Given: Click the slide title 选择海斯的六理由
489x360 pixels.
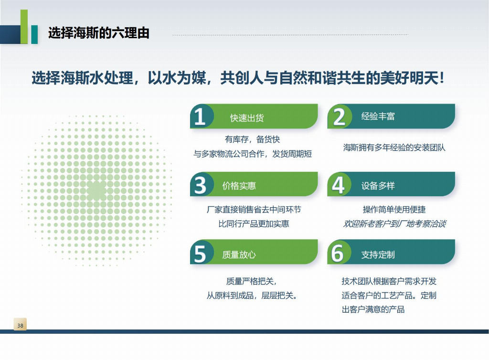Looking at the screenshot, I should point(99,33).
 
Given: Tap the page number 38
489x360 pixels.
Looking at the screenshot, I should point(20,325).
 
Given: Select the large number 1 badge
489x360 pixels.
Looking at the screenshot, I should point(200,116).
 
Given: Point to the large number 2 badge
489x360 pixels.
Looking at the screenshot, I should point(339,116).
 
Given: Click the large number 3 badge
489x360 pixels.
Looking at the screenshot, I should point(200,185).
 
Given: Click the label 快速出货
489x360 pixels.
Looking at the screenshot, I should point(247,118).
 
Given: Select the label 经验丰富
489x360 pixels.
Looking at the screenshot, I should point(378,116).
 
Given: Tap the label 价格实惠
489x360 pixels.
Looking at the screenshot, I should point(239,186).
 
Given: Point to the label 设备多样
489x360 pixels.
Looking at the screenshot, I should point(378,186).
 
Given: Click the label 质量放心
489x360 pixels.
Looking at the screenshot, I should point(239,254).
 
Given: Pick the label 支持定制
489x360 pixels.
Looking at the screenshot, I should point(378,254).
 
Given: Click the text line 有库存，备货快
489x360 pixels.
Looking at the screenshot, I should point(252,139).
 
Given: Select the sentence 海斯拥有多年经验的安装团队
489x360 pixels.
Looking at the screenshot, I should point(394,148).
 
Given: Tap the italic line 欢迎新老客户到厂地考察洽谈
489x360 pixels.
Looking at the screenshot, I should point(394,223).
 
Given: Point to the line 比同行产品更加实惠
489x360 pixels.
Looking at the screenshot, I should point(254,223).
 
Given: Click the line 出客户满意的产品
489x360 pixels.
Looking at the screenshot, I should point(373,309).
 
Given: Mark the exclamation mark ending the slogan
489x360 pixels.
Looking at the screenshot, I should point(441,78).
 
